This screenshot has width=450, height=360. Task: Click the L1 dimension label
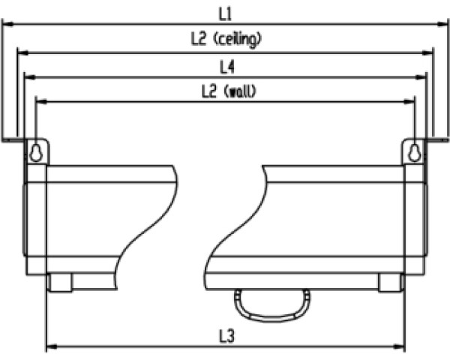(226, 13)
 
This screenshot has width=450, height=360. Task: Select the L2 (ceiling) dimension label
(226, 40)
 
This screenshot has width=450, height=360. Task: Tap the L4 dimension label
(226, 67)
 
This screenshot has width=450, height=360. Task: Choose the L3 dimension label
(226, 337)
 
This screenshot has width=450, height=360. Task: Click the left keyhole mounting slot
(35, 152)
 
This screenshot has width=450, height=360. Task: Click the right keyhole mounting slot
(415, 152)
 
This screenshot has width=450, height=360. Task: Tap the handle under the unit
(271, 304)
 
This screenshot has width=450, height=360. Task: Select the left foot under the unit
(60, 283)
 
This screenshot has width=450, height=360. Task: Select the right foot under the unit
(390, 283)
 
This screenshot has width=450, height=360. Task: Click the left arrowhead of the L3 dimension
(50, 348)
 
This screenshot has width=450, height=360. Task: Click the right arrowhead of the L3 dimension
(400, 348)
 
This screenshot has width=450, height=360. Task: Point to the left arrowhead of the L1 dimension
(7, 24)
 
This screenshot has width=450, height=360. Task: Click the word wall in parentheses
(241, 91)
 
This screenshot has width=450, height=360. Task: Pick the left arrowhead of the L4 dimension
(28, 76)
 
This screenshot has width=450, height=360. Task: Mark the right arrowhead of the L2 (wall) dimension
(411, 101)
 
